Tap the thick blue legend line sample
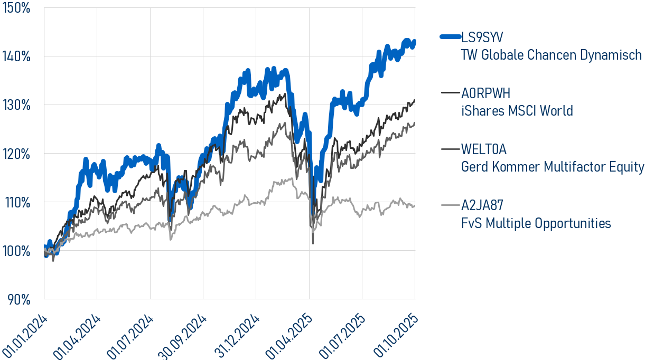pyautogui.click(x=450, y=37)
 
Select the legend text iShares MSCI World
pyautogui.click(x=517, y=111)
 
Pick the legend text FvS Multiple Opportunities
pyautogui.click(x=536, y=223)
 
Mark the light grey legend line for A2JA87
pyautogui.click(x=450, y=205)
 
